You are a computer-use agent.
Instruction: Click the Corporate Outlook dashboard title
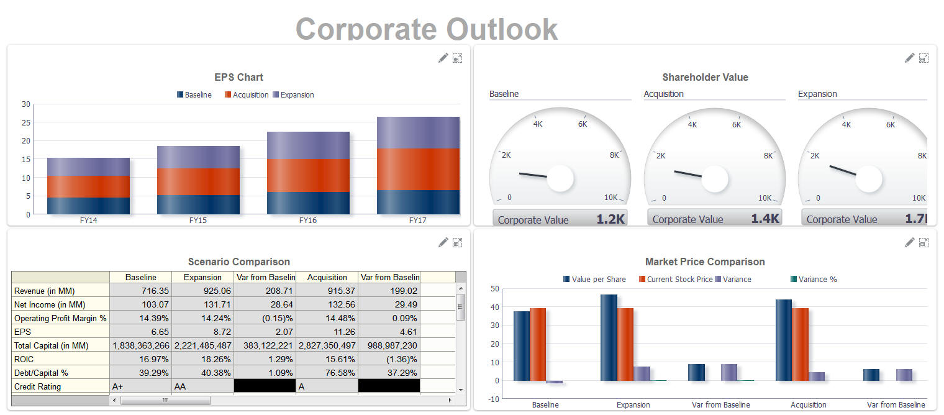point(427,29)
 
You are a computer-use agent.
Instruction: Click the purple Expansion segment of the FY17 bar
point(418,132)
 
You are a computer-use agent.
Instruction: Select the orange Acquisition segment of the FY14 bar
point(88,186)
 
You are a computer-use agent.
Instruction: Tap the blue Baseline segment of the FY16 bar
point(308,203)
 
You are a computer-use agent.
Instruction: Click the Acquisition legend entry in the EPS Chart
point(247,95)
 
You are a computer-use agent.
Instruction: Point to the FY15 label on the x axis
point(198,221)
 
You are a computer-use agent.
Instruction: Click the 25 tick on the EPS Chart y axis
point(25,122)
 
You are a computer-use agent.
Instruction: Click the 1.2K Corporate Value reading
point(611,219)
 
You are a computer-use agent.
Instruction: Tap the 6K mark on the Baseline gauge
point(583,124)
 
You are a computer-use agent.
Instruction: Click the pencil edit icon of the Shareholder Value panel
point(909,58)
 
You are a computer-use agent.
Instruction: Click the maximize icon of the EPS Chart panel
point(457,58)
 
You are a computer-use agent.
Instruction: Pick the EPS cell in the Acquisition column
point(327,332)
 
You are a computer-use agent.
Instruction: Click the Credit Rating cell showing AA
point(202,386)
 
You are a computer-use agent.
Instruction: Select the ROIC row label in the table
point(60,359)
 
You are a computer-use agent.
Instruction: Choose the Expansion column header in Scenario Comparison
point(202,277)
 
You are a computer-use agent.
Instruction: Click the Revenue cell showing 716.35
point(140,291)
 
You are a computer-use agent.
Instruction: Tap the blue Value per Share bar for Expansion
point(609,337)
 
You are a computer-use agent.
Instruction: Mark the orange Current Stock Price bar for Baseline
point(538,344)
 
